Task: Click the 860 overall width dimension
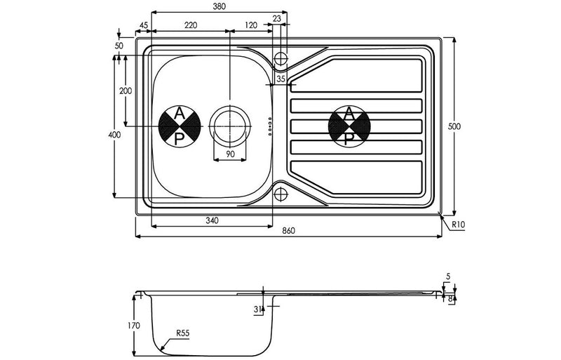[x=288, y=231]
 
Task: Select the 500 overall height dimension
[x=454, y=126]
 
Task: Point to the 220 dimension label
[x=190, y=25]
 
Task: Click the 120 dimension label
[x=251, y=25]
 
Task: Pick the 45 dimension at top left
[x=144, y=25]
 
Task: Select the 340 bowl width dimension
[x=212, y=220]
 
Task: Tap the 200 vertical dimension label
[x=126, y=91]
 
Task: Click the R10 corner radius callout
[x=458, y=224]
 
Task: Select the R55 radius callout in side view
[x=184, y=333]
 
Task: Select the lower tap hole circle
[x=280, y=194]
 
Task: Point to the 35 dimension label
[x=280, y=80]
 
